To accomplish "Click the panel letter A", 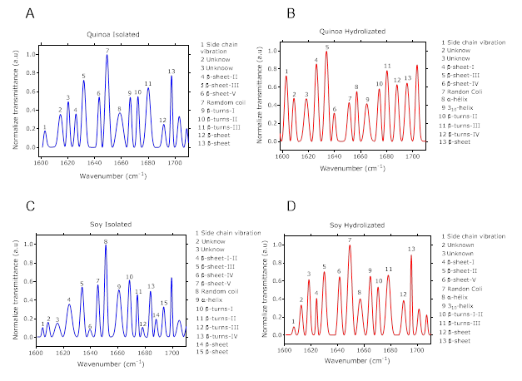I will (x=30, y=15).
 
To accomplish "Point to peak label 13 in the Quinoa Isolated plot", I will (x=172, y=72).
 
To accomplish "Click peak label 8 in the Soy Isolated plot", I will (x=106, y=241).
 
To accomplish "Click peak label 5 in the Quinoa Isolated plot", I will (x=83, y=77).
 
